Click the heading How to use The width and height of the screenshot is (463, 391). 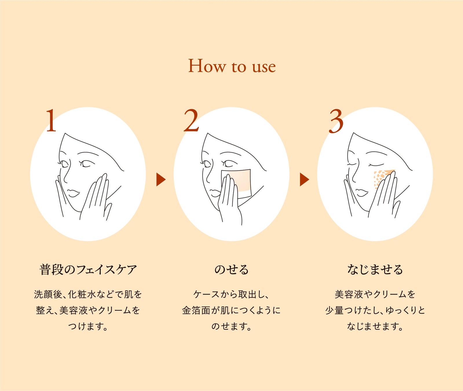(x=232, y=66)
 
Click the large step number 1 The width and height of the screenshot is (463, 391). (x=51, y=120)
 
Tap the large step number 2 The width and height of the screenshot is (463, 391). (x=191, y=120)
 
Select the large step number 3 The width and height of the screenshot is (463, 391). (x=336, y=121)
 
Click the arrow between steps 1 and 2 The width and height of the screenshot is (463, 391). (x=161, y=180)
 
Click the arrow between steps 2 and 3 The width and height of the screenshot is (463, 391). (x=304, y=180)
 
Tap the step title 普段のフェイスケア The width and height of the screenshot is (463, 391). (x=88, y=269)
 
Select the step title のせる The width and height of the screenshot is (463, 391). (x=231, y=269)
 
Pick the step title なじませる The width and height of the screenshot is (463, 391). (x=375, y=269)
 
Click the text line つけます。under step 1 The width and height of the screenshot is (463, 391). (x=88, y=326)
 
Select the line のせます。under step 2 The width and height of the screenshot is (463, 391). (x=231, y=326)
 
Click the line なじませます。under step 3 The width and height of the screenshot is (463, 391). (x=375, y=326)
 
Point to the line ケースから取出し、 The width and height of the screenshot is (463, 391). (x=231, y=294)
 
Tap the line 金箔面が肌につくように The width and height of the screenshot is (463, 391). (x=231, y=310)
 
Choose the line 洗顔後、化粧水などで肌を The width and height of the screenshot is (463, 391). (x=88, y=294)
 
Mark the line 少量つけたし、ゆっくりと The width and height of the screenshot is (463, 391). (x=375, y=310)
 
